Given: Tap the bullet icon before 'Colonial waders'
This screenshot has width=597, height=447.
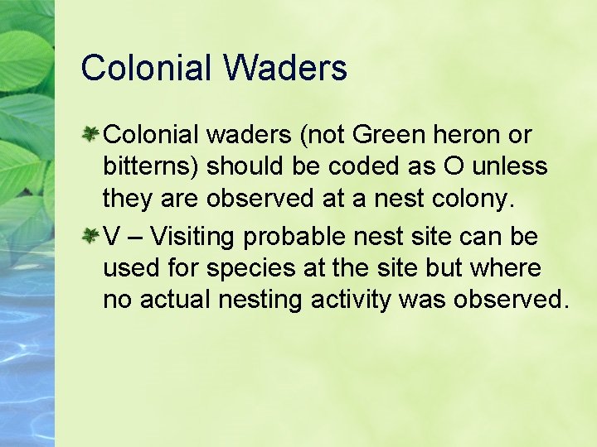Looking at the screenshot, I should pyautogui.click(x=91, y=133).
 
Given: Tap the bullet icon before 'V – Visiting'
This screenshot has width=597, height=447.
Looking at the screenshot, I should pyautogui.click(x=91, y=237).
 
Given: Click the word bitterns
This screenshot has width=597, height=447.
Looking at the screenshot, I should pyautogui.click(x=148, y=167).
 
